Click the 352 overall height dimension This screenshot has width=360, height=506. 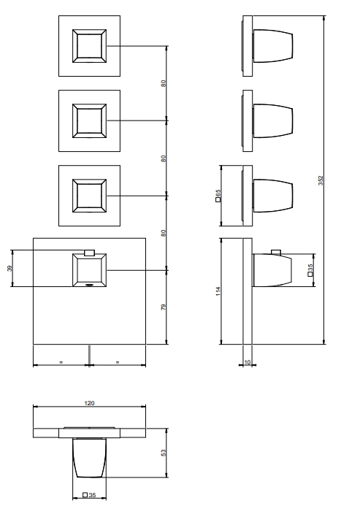[321, 180]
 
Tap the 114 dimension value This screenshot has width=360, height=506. [218, 291]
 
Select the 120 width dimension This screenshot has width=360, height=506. [89, 403]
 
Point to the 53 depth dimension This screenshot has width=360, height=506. [164, 453]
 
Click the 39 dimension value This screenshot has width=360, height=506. [9, 268]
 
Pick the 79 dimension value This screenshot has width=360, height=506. [164, 307]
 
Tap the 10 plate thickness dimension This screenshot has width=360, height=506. [248, 362]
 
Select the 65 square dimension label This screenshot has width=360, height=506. [218, 195]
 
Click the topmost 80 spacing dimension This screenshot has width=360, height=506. [164, 83]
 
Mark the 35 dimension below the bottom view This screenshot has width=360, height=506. [89, 495]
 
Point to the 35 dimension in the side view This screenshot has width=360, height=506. [310, 270]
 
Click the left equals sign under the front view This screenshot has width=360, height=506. [61, 362]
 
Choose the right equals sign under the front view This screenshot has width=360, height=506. [118, 362]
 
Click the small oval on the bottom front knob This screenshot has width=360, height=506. [89, 285]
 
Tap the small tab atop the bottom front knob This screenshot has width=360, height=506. [89, 253]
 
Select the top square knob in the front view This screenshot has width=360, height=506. [89, 46]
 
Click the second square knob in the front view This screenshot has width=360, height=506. [89, 121]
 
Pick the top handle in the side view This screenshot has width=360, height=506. [273, 46]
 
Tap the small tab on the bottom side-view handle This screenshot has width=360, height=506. [276, 252]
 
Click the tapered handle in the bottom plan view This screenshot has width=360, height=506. [89, 458]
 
